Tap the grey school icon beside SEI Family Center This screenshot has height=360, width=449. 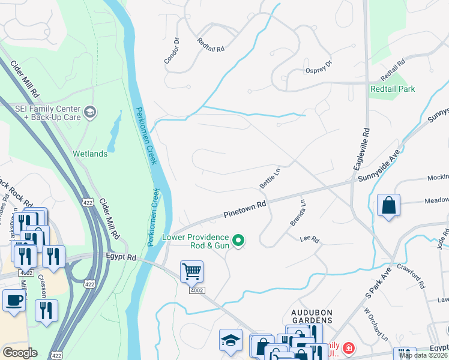coord(90,111)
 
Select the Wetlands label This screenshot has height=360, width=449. coord(90,154)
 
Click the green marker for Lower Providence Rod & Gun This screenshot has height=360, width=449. coord(238,241)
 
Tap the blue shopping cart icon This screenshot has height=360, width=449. coord(191,271)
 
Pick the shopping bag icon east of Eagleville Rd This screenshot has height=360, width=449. coord(388,205)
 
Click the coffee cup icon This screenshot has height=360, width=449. coord(13,300)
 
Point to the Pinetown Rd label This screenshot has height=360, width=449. coord(244,209)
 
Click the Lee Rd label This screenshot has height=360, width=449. coord(310,240)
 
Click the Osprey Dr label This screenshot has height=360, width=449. coord(319,68)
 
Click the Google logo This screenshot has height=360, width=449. coord(20,352)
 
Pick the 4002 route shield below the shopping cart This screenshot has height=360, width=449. coord(197,290)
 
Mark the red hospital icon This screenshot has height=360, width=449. coord(348,348)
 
